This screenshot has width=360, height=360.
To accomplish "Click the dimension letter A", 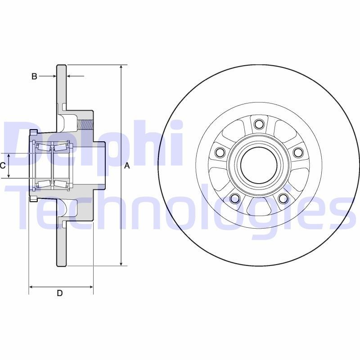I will pyautogui.click(x=127, y=166).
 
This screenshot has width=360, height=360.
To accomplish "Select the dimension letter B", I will pyautogui.click(x=34, y=76).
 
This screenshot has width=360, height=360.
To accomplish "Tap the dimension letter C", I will pyautogui.click(x=3, y=166).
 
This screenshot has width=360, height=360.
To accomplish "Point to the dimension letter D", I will pyautogui.click(x=59, y=293).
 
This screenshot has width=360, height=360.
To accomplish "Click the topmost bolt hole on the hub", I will pyautogui.click(x=258, y=124).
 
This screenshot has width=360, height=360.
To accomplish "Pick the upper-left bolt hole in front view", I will pyautogui.click(x=220, y=153).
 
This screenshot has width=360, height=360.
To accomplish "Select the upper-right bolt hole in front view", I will pyautogui.click(x=297, y=153).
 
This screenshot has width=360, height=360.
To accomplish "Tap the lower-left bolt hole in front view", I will pyautogui.click(x=234, y=198).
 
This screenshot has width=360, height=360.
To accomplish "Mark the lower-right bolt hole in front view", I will pyautogui.click(x=283, y=198).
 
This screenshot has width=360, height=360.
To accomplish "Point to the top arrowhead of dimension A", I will pyautogui.click(x=121, y=67).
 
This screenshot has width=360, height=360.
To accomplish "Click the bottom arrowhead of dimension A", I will pyautogui.click(x=121, y=263).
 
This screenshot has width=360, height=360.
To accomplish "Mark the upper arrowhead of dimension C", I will pyautogui.click(x=9, y=156).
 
